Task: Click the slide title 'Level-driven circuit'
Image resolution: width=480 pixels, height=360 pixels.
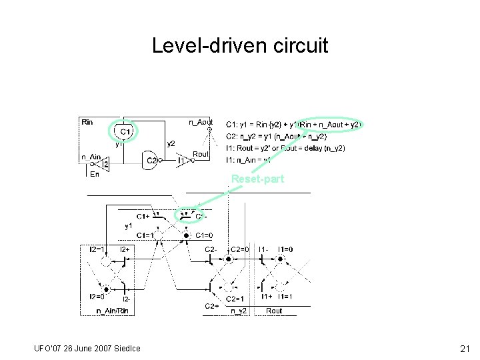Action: [x=240, y=46]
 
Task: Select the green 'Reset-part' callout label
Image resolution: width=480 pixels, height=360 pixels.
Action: [x=257, y=179]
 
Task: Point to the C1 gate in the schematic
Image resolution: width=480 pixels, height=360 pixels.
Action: [x=124, y=132]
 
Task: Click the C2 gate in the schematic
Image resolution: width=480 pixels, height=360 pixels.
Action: [x=153, y=161]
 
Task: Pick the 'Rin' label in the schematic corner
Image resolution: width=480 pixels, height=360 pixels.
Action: [x=87, y=122]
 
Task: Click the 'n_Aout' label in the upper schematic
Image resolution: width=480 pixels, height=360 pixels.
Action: [x=201, y=122]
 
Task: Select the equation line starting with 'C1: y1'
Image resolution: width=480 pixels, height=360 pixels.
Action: [x=293, y=125]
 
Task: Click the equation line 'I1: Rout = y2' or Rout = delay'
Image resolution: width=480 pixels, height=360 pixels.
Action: [x=285, y=147]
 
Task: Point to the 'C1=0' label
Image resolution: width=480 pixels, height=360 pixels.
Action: [x=204, y=235]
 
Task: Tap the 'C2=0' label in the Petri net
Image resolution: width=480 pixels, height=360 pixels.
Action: [x=240, y=249]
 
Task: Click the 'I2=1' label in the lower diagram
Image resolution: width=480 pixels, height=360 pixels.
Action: [x=97, y=249]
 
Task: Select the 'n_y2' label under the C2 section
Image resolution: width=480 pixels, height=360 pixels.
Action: [x=239, y=311]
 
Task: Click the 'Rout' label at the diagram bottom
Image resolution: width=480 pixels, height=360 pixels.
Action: [x=274, y=311]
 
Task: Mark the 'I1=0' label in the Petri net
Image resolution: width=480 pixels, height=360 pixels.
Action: [x=285, y=249]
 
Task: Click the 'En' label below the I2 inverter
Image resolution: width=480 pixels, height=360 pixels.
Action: [x=94, y=175]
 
